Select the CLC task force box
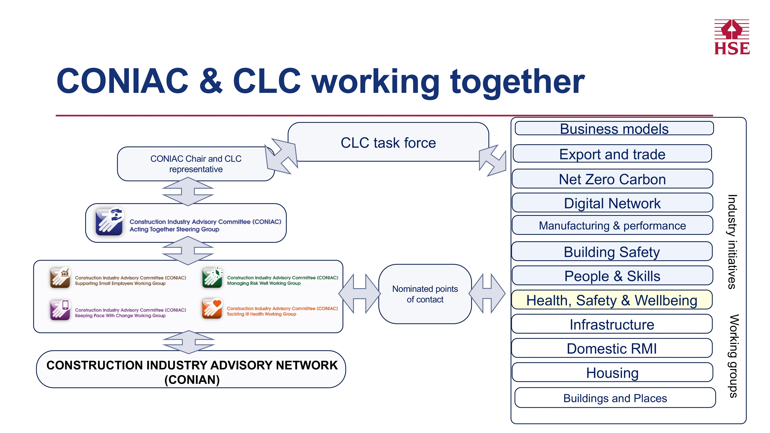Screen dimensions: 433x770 pos(388,143)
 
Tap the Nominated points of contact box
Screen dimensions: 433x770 pos(425,294)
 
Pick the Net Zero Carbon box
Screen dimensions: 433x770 pos(612,179)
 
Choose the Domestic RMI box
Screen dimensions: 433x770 pos(612,348)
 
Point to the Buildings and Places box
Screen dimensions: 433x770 pos(615,398)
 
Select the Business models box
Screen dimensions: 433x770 pos(614,129)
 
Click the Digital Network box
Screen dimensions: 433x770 pos(612,203)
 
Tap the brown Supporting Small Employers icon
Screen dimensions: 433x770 pos(60,278)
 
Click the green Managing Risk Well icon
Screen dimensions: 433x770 pos(212,278)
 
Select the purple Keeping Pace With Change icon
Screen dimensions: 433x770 pos(60,310)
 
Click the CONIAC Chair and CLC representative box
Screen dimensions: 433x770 pos(196,164)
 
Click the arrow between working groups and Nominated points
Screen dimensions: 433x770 pos(360,294)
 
